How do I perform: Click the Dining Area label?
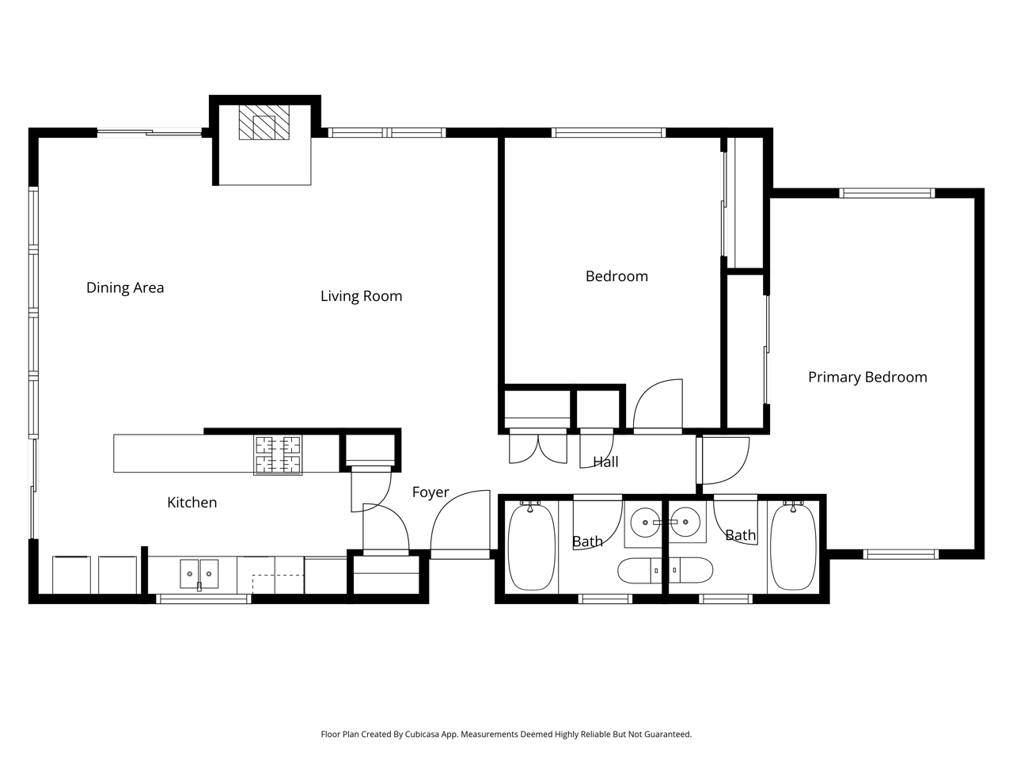pos(125,287)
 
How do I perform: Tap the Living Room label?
pos(362,296)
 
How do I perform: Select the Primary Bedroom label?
pos(867,377)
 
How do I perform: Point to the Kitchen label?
pos(192,502)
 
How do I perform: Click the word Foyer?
pos(431,492)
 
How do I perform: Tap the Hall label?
pos(605,462)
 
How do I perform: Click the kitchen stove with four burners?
pos(278,455)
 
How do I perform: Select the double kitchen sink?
pos(199,574)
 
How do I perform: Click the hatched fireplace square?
pos(264,122)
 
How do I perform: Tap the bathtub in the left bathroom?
pos(531,547)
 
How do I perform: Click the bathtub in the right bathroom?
pos(793,547)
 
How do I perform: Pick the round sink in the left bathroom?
pos(645,522)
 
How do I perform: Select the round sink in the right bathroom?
pos(685,522)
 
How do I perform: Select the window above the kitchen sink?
pos(203,599)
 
